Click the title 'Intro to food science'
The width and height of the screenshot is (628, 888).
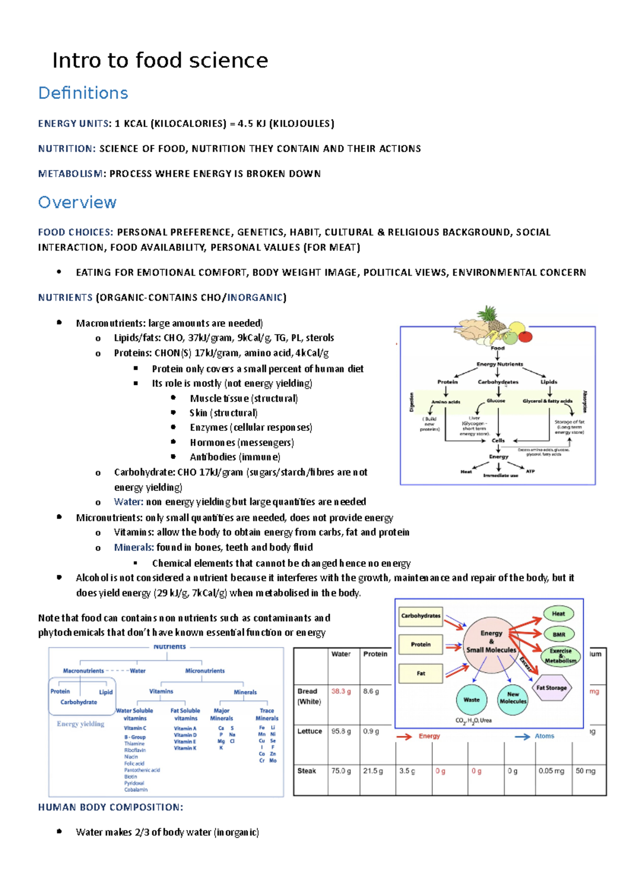[160, 61]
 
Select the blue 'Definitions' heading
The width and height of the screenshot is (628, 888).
[83, 93]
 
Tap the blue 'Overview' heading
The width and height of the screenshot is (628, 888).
[77, 202]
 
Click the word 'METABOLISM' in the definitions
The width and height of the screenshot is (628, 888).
[70, 174]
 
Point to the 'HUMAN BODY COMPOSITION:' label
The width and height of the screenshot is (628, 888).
[110, 807]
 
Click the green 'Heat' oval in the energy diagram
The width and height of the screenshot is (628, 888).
[558, 614]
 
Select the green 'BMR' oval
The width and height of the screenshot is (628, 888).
[559, 634]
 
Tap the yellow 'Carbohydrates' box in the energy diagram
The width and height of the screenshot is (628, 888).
[421, 616]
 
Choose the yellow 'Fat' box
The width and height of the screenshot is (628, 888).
[421, 674]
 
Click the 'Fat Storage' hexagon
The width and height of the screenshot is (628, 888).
[552, 688]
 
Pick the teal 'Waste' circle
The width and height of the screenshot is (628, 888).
[471, 700]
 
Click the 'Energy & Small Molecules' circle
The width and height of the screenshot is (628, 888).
[491, 642]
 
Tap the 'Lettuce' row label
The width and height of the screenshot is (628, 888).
[309, 731]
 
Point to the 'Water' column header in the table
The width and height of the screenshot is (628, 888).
[341, 654]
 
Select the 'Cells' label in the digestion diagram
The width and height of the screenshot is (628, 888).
[498, 440]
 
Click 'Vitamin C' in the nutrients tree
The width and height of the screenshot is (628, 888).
[135, 728]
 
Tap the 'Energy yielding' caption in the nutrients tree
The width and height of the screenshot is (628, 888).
[81, 724]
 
